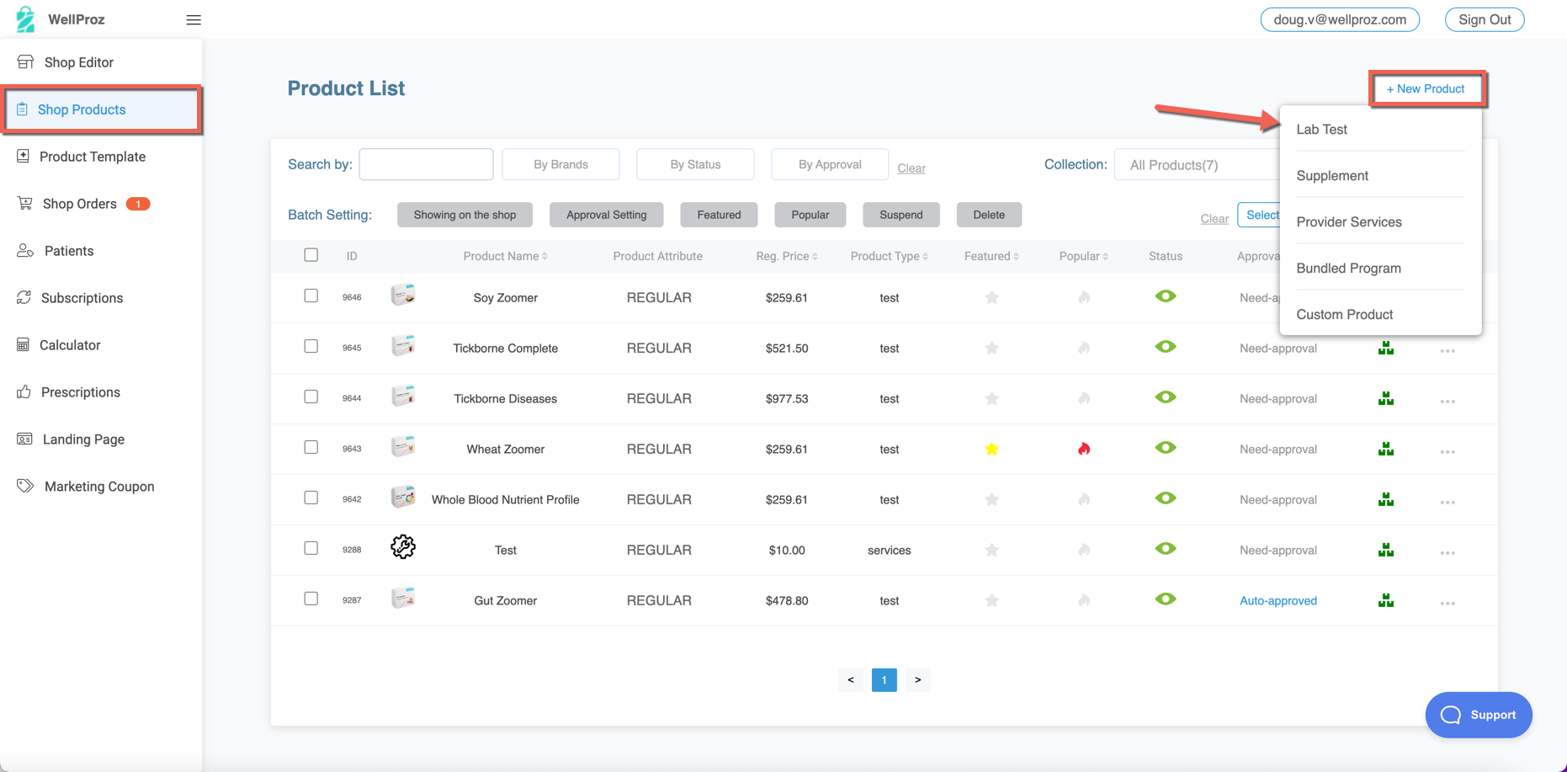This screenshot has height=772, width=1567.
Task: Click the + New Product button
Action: click(1426, 88)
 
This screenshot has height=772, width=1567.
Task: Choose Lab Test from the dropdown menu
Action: click(1321, 129)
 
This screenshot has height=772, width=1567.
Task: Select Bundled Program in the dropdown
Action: click(1348, 268)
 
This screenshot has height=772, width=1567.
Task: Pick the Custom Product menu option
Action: click(1344, 314)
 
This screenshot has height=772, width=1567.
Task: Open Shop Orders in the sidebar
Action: click(80, 204)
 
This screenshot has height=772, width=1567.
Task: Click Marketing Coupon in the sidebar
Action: click(98, 487)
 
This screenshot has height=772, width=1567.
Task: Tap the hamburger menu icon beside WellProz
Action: click(194, 20)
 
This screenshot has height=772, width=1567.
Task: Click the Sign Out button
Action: click(1484, 19)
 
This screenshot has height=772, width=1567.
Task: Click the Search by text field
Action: click(426, 164)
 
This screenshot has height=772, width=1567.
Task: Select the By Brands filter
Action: click(560, 164)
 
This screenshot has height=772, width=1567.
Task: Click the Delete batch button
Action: click(988, 215)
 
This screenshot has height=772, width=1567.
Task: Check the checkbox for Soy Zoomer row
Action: click(311, 295)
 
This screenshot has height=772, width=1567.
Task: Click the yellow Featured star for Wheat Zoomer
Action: click(991, 449)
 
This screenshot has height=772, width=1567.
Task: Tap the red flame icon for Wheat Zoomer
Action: click(1084, 449)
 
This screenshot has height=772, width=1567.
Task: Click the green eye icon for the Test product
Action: click(1165, 549)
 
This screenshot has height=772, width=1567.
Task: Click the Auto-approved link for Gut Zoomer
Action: click(1278, 600)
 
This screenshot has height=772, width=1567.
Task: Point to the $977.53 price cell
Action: click(786, 398)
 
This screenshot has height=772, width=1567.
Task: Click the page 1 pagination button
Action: click(884, 679)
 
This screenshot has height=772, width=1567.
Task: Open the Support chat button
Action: click(1478, 715)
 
